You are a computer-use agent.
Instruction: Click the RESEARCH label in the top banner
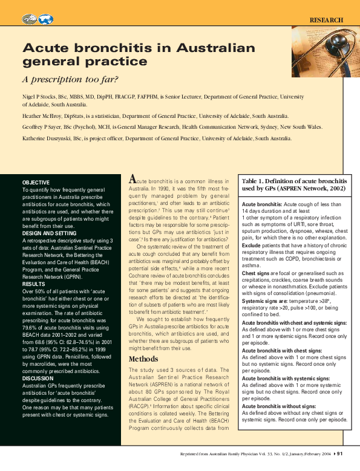[327, 20]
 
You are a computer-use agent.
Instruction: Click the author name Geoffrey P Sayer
[45, 127]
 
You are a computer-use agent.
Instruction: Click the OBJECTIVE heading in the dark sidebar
[36, 183]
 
